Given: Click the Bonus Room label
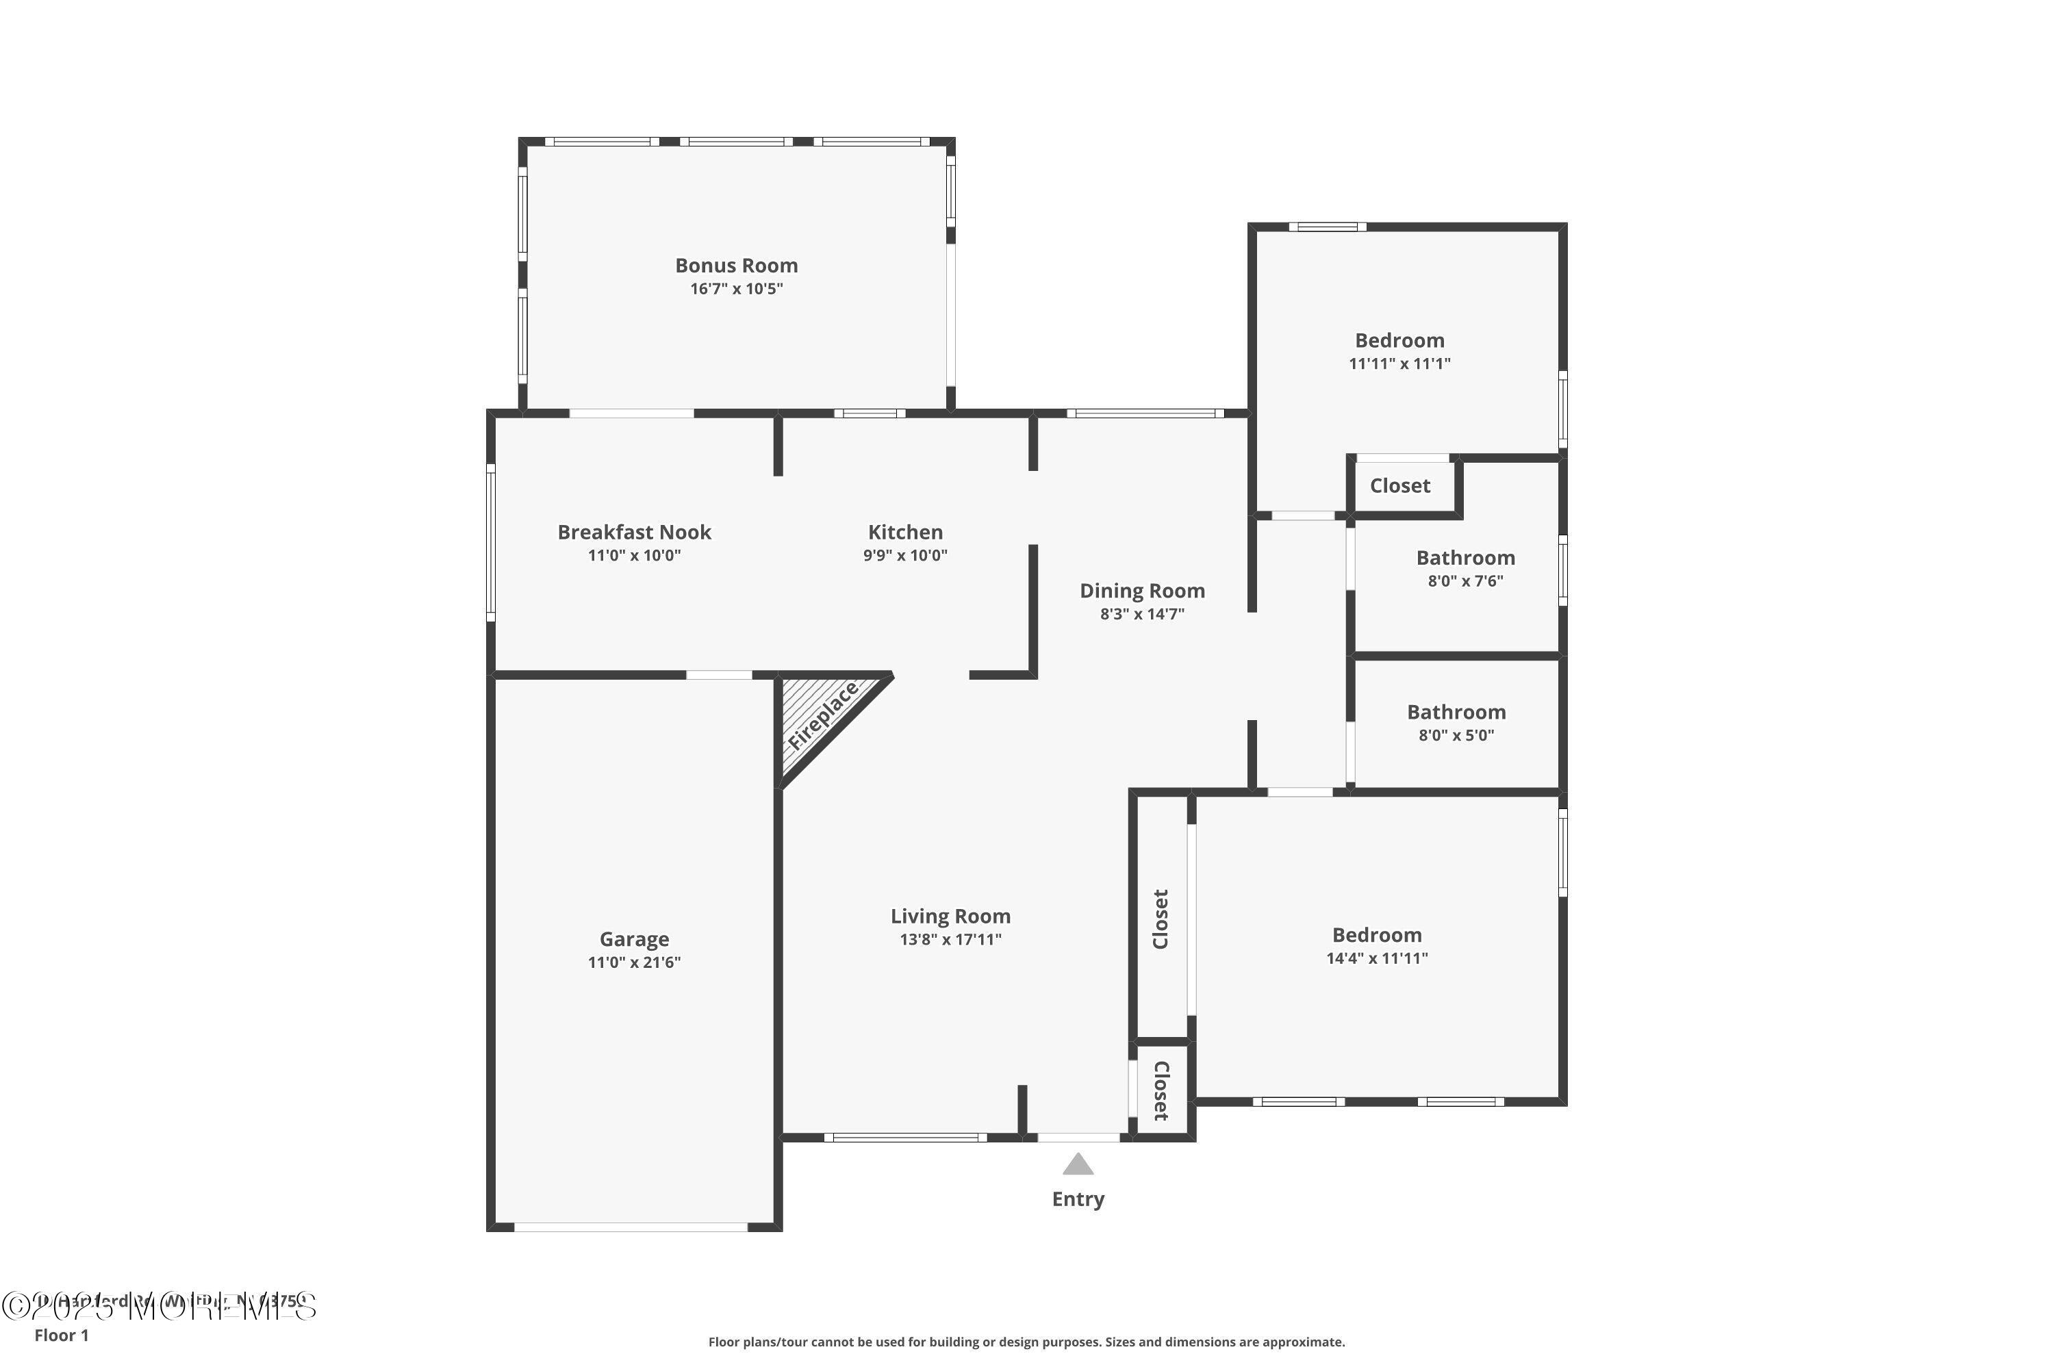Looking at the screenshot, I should (x=736, y=266).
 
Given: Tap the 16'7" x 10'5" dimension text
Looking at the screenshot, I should (x=736, y=289).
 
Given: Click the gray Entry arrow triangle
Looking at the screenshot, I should (x=1078, y=1165).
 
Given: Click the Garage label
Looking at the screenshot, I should (x=634, y=939).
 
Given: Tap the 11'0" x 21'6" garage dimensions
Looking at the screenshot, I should (x=634, y=962).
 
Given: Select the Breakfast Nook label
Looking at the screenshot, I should (x=634, y=532).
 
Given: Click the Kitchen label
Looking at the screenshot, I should (x=904, y=532).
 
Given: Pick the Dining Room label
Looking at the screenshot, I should (x=1142, y=591).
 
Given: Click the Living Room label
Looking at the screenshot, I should (x=950, y=916).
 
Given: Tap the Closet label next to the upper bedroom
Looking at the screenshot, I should (x=1400, y=486).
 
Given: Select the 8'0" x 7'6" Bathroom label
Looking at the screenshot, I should (x=1465, y=558).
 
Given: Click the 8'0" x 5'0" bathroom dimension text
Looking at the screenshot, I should (x=1456, y=735).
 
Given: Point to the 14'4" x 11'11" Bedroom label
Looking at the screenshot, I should (x=1376, y=935).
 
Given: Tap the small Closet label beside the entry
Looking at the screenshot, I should (x=1161, y=1091).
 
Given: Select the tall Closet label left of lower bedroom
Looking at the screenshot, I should (x=1161, y=919).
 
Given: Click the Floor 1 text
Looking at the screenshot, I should (x=61, y=1335).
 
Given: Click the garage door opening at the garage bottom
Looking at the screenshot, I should (x=631, y=1227).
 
